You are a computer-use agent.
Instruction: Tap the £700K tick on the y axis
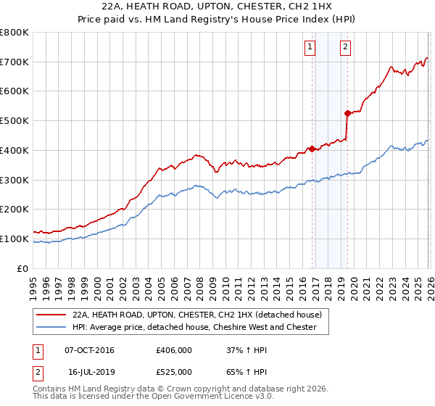tap(14, 62)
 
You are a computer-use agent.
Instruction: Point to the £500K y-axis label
tap(14, 120)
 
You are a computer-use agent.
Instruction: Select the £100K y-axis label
tap(14, 239)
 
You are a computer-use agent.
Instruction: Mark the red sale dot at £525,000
tap(347, 113)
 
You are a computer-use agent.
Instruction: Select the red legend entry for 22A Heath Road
tap(202, 315)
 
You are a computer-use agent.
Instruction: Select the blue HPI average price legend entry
tap(194, 327)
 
